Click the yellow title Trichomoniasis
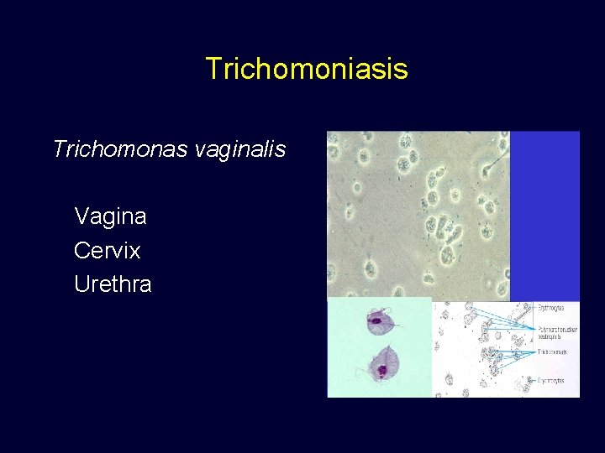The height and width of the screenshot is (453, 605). click(306, 69)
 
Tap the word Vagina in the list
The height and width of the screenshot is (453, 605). click(110, 216)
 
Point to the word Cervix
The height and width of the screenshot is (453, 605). click(108, 250)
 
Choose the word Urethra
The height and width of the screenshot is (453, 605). click(113, 284)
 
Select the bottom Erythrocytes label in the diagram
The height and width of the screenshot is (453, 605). click(552, 380)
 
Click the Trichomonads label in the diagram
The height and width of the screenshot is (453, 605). click(552, 351)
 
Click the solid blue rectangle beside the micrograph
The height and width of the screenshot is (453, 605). click(544, 214)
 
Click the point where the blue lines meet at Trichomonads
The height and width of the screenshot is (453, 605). click(535, 351)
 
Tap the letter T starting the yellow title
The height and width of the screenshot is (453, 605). click(213, 69)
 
